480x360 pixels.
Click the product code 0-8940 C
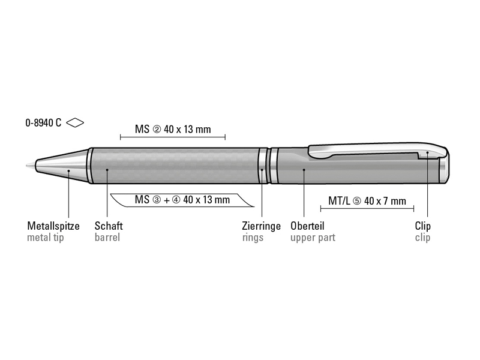(43, 123)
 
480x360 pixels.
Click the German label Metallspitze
(53, 226)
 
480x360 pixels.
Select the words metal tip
(46, 238)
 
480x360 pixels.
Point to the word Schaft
(109, 226)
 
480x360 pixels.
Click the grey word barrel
(107, 238)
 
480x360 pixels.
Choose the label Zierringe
(261, 226)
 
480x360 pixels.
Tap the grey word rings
(253, 238)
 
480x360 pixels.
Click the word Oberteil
(307, 226)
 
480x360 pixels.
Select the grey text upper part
(313, 238)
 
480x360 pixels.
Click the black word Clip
(422, 226)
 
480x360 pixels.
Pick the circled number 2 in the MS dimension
(156, 130)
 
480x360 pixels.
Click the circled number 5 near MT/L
(357, 201)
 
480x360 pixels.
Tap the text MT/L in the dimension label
(339, 201)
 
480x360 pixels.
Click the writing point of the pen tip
(27, 166)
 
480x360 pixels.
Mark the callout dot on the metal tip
(69, 170)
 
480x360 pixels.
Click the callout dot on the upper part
(304, 170)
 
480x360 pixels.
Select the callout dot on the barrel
(107, 170)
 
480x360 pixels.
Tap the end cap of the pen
(444, 170)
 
